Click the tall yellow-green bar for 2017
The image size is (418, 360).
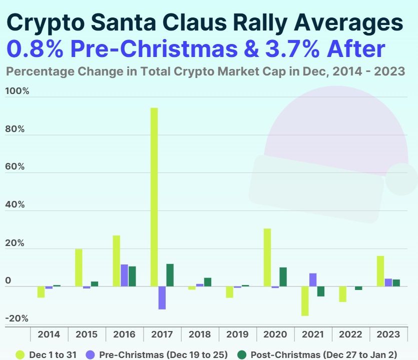pyautogui.click(x=154, y=197)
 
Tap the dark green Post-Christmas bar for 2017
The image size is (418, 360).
pyautogui.click(x=170, y=275)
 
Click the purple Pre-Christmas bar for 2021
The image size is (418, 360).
pyautogui.click(x=313, y=280)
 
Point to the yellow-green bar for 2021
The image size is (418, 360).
pyautogui.click(x=305, y=301)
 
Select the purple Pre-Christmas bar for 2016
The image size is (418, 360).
pyautogui.click(x=124, y=275)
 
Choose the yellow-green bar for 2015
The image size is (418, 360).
pyautogui.click(x=79, y=267)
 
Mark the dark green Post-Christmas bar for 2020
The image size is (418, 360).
pyautogui.click(x=283, y=277)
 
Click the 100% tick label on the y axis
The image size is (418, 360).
pyautogui.click(x=17, y=91)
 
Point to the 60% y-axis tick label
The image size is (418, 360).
pyautogui.click(x=15, y=166)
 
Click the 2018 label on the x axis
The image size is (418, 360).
pyautogui.click(x=200, y=334)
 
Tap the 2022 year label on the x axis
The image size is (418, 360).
pyautogui.click(x=351, y=334)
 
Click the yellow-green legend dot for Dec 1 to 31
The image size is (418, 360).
pyautogui.click(x=20, y=354)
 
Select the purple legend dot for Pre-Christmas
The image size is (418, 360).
pyautogui.click(x=91, y=354)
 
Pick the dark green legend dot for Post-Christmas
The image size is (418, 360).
pyautogui.click(x=242, y=354)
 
